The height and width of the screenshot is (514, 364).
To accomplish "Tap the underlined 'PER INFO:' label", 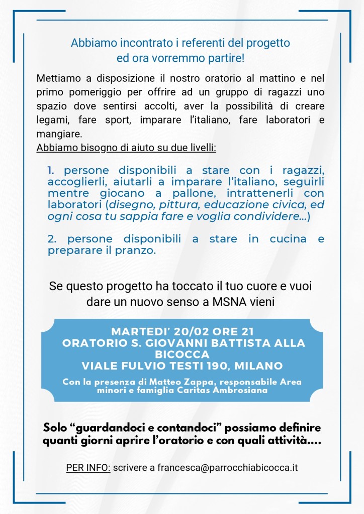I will point(88,468).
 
